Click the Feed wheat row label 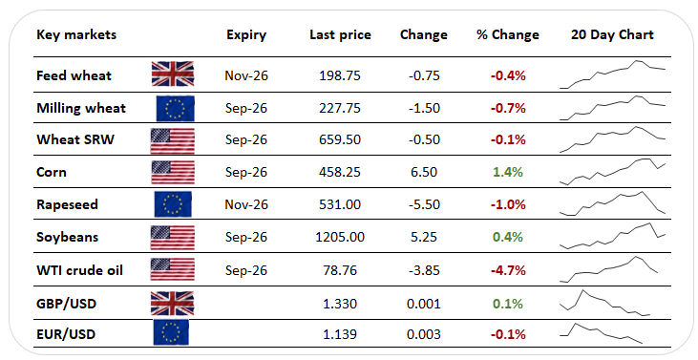[74, 75]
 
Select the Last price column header [340, 34]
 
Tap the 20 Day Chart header [612, 34]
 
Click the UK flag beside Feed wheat [172, 74]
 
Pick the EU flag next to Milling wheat [175, 108]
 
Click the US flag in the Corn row [173, 172]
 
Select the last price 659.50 [340, 139]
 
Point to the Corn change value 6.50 [424, 172]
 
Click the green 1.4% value [507, 172]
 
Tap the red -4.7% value [508, 270]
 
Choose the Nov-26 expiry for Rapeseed [246, 204]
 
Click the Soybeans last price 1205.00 [340, 237]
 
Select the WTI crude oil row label [79, 270]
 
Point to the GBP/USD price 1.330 [340, 304]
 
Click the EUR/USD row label [66, 334]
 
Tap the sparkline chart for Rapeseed [612, 203]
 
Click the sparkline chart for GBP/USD [604, 303]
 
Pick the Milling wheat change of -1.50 [424, 108]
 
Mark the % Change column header [507, 34]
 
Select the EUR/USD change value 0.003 [424, 334]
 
